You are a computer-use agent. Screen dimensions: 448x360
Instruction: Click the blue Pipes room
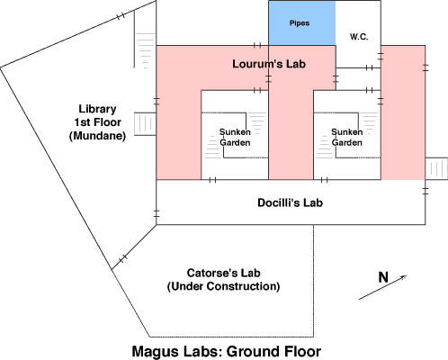coord(302,23)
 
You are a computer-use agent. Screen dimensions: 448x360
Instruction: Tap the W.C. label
coord(359,37)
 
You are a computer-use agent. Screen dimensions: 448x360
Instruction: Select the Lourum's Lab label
coord(269,64)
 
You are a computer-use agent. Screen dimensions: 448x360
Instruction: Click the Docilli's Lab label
coord(290,202)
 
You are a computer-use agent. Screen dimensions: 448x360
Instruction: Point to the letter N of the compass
coord(383,277)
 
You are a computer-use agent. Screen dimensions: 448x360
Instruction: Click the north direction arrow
coord(383,287)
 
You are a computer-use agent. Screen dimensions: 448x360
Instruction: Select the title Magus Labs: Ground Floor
coord(227,351)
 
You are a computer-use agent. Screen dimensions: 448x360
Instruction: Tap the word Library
coord(97,109)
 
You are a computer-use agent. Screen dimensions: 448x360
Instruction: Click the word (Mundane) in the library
coord(97,136)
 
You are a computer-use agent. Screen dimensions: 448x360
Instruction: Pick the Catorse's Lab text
coord(223,273)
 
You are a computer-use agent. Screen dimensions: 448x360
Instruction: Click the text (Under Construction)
coord(223,286)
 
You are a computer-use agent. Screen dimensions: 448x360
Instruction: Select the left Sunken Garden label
coord(235,137)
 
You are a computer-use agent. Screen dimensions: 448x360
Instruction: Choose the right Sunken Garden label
coord(347,137)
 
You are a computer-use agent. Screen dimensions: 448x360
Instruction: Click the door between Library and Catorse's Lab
coord(123,258)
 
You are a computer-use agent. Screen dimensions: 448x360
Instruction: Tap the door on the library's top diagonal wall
coord(121,16)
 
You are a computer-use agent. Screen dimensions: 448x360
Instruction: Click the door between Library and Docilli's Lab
coord(157,213)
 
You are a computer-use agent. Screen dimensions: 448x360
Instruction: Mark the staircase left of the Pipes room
coord(145,50)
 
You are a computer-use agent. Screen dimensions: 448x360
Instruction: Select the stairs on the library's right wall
coord(145,124)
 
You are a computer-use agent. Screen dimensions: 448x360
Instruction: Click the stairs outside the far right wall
coord(437,168)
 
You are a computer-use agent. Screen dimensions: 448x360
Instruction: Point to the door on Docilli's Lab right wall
coord(426,191)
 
